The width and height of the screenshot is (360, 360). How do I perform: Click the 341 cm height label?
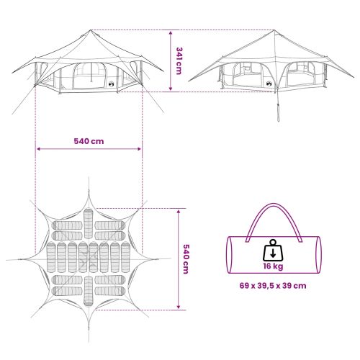click(x=179, y=60)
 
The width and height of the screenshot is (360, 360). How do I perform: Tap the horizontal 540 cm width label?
click(x=89, y=141)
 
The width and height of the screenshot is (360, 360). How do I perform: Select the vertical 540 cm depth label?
click(x=186, y=259)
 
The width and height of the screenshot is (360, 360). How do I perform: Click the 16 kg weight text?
click(x=273, y=266)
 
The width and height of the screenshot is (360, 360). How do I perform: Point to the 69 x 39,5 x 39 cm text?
click(x=273, y=286)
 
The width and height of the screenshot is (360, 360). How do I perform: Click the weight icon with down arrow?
click(x=273, y=251)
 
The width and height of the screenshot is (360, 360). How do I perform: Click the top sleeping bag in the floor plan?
click(x=89, y=224)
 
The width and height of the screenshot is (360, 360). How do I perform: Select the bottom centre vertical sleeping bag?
click(x=89, y=292)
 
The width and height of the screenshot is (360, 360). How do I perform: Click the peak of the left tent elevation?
click(x=91, y=30)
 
